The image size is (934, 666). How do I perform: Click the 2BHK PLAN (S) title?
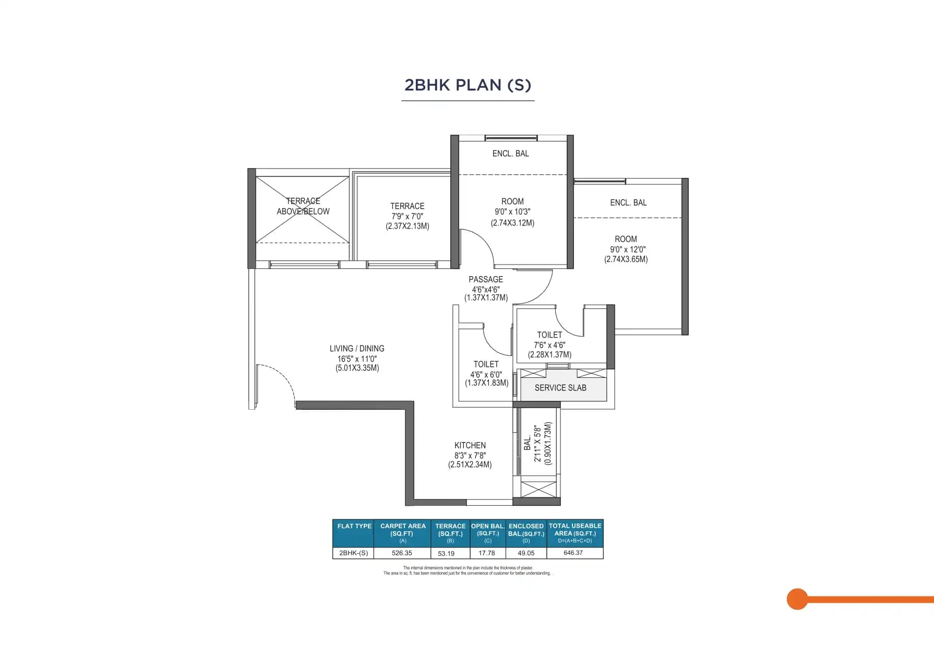pos(468,85)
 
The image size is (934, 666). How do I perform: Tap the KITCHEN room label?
pos(470,445)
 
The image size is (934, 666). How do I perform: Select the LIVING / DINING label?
pos(357,349)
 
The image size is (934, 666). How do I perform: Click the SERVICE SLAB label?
pos(560,388)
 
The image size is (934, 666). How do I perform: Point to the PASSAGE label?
pos(486,280)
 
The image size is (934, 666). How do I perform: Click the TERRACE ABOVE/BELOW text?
pos(303,206)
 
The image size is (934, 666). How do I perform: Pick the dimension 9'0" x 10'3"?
pos(512,212)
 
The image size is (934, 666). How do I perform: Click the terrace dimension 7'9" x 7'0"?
pos(407,216)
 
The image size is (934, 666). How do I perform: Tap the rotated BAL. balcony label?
pos(528,444)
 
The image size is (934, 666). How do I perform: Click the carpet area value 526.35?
pos(402,553)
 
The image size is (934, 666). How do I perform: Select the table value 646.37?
pos(573,553)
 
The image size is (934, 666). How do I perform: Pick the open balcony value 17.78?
pos(486,553)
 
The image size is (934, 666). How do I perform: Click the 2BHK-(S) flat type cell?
pos(353,553)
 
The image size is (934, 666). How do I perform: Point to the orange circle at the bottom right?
pos(797,599)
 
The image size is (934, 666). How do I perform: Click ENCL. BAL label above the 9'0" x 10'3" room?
pos(510,153)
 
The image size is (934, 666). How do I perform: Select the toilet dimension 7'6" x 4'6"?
pos(549,345)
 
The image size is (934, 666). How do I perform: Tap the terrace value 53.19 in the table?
pos(446,553)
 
